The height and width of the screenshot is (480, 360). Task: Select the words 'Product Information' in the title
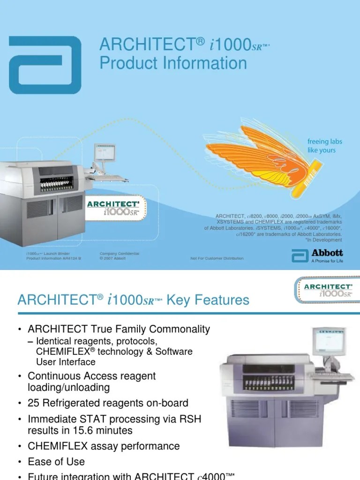(x=173, y=63)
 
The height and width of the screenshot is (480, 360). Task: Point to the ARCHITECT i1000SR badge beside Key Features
(x=326, y=290)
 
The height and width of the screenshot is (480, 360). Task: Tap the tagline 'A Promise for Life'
(x=327, y=261)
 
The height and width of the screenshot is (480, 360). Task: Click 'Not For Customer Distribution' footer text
(x=217, y=258)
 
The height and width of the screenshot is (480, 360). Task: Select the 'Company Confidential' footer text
(x=119, y=254)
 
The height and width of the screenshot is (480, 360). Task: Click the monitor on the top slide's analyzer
(x=102, y=153)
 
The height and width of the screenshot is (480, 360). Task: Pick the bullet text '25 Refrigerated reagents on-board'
(x=108, y=403)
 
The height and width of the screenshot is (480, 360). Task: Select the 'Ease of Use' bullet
(x=56, y=461)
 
